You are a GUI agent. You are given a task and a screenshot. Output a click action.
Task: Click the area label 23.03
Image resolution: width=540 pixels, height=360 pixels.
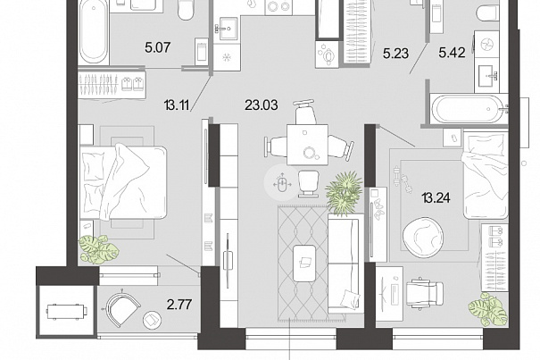(261, 105)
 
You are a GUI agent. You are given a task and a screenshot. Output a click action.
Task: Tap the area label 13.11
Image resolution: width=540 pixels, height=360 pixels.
(177, 105)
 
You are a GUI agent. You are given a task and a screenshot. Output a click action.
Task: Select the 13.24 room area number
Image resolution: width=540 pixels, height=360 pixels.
(436, 198)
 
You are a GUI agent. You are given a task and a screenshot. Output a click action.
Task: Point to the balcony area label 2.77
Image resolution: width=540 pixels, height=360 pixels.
(179, 305)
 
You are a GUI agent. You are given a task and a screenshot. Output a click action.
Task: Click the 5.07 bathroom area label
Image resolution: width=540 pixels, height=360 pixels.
(158, 47)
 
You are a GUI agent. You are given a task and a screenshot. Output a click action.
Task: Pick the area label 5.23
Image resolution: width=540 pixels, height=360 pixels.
(396, 54)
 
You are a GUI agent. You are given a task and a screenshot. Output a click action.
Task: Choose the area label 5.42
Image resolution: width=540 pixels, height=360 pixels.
(453, 53)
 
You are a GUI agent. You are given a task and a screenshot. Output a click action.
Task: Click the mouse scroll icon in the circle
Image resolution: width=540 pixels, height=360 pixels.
(282, 184)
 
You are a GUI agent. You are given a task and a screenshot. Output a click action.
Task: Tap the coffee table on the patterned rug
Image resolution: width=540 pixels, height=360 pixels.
(304, 263)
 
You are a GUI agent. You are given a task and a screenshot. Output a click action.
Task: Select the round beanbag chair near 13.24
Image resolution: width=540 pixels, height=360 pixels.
(423, 237)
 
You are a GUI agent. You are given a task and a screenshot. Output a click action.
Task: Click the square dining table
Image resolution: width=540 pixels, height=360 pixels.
(308, 145)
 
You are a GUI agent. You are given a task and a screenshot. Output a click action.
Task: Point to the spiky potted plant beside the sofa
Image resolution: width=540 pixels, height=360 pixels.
(345, 192)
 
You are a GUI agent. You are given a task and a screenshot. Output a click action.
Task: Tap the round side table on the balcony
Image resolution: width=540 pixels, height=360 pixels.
(153, 320)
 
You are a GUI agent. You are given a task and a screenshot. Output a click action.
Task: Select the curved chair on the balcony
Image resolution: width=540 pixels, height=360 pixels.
(121, 307)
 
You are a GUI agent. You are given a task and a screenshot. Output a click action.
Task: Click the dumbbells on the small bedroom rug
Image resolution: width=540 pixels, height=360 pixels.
(403, 180)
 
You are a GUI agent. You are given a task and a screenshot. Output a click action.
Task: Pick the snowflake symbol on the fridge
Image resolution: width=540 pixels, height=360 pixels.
(226, 57)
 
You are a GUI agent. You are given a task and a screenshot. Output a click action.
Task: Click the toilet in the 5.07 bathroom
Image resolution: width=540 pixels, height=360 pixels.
(187, 10)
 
